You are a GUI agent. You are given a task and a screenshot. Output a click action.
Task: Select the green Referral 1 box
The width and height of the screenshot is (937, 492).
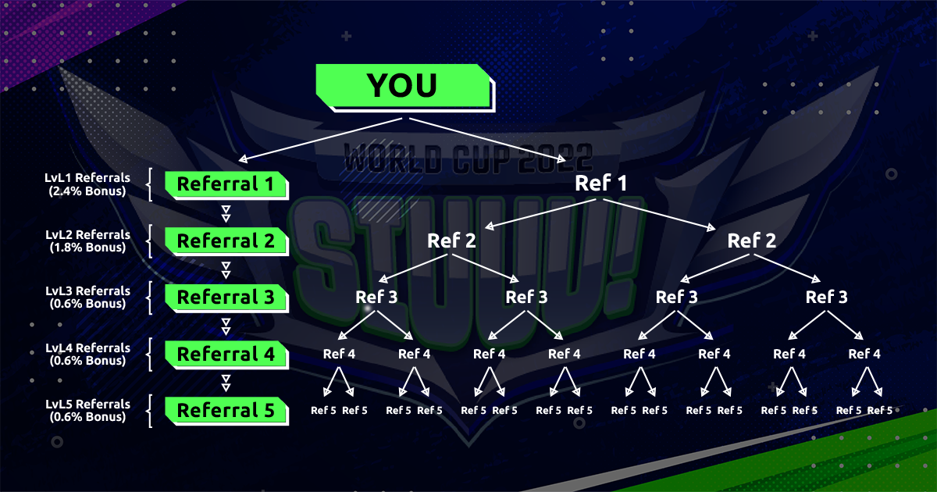(x=226, y=184)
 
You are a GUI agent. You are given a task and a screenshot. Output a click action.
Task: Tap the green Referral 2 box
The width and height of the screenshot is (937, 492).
(x=226, y=241)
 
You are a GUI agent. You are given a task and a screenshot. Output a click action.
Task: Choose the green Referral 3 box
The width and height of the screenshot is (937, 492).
(x=226, y=297)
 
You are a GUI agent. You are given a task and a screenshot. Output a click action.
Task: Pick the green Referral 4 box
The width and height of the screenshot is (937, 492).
(x=226, y=354)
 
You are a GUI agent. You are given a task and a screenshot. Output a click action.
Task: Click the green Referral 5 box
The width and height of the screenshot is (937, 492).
(x=226, y=411)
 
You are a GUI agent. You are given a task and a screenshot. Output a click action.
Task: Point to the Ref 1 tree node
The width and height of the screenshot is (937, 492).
(x=600, y=184)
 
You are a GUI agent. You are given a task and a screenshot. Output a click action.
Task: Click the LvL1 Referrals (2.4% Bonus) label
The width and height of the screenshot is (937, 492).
(x=87, y=184)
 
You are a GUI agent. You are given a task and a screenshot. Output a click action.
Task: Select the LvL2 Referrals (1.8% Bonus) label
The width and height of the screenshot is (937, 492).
(x=87, y=241)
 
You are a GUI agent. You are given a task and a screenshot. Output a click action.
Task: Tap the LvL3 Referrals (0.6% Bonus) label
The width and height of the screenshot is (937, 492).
(x=87, y=297)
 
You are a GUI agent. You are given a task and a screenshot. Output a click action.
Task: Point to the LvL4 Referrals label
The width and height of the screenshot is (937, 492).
(x=87, y=354)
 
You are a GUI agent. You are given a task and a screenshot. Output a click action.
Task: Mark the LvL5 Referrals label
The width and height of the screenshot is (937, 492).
(x=87, y=411)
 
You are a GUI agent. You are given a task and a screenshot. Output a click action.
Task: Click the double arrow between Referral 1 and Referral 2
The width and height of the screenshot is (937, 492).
(x=226, y=213)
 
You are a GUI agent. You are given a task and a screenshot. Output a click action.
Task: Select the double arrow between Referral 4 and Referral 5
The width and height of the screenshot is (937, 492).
(x=226, y=383)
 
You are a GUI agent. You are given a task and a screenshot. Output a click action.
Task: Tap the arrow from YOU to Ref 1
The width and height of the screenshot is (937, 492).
(x=487, y=140)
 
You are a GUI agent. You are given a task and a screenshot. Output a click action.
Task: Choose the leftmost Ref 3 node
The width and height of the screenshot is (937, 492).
(x=376, y=297)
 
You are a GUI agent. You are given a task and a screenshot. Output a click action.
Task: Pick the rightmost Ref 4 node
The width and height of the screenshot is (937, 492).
(x=864, y=354)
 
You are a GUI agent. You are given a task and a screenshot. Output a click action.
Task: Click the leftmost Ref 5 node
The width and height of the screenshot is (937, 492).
(x=323, y=411)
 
